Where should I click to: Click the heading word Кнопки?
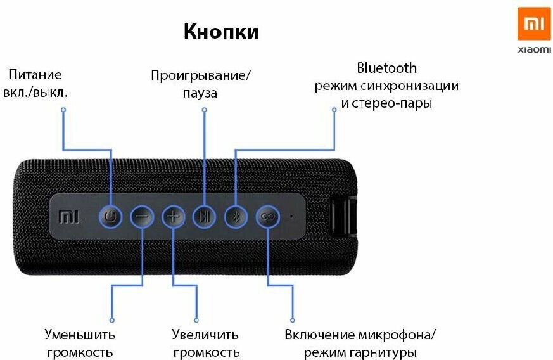point(221,32)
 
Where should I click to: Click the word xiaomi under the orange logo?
point(534,49)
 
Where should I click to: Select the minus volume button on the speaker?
point(143,217)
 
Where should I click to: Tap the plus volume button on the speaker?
point(173,217)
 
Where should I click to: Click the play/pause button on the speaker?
point(203,217)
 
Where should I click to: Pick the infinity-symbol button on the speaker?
point(267,217)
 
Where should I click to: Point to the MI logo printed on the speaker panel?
point(67,217)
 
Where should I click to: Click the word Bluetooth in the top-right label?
point(386,68)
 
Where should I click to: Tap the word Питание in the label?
point(35,75)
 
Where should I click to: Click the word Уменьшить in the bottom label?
point(80,334)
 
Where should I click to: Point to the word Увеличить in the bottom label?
point(205,334)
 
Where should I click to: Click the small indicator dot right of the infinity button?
point(291,216)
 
